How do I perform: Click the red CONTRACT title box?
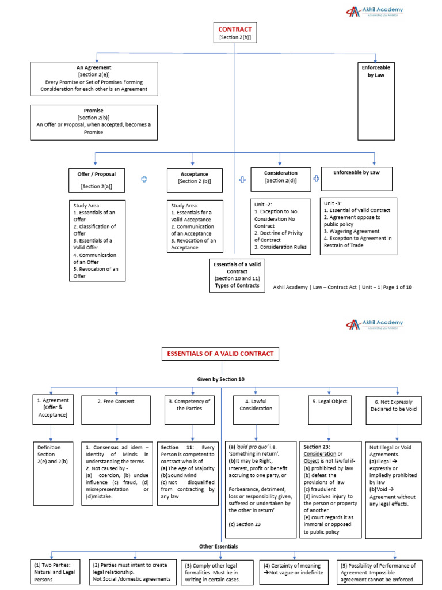click(235, 32)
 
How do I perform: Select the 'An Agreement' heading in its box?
click(94, 67)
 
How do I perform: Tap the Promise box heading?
click(93, 111)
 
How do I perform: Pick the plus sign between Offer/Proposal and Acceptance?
click(144, 180)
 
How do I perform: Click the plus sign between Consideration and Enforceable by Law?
click(317, 179)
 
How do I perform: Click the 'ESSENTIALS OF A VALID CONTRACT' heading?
click(221, 354)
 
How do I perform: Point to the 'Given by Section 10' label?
click(221, 379)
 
